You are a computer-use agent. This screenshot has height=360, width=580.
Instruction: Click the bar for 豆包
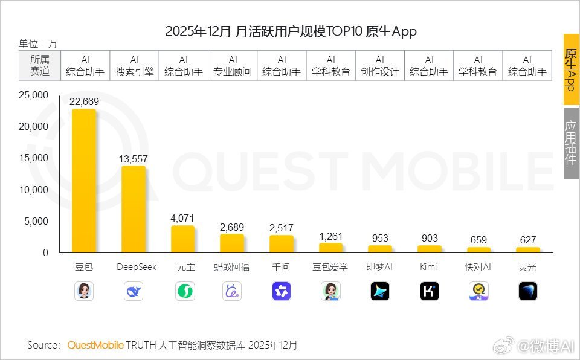coord(84,181)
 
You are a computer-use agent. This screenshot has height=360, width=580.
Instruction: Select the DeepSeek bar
coord(134,209)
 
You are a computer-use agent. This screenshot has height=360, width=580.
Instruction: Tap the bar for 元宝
coord(182,239)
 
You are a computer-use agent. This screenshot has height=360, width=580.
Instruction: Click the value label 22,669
coord(84,101)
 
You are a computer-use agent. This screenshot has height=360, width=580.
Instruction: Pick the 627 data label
coord(527,240)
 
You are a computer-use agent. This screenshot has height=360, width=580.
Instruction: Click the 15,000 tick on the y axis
coord(34,158)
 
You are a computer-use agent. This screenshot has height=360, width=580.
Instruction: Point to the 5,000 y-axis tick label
coord(36,221)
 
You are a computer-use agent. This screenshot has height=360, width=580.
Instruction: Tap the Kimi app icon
coord(429,291)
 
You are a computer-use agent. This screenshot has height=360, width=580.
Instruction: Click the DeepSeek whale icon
coord(134,291)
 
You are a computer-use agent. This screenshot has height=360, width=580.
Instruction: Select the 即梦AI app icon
coord(380,291)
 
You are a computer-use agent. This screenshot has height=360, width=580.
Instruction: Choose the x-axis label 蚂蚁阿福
coord(232,267)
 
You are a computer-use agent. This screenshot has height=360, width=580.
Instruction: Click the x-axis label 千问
coord(281,267)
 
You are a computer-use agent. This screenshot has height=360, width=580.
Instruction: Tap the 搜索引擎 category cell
coord(134,66)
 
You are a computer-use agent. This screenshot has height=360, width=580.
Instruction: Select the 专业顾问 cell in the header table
coord(233,66)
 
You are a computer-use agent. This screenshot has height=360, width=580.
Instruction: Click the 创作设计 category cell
coord(380,66)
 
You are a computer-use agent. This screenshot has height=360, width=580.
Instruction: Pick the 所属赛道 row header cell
coord(40,66)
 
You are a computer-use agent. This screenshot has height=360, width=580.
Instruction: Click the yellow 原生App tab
coord(571,69)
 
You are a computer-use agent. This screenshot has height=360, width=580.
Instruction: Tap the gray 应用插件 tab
coord(571,143)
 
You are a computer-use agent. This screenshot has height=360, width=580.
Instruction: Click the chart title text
coord(291,31)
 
